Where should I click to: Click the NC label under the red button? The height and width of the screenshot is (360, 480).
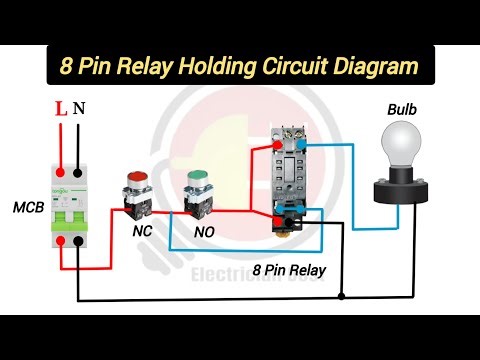(x=142, y=229)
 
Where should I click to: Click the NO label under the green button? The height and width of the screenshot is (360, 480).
(x=203, y=229)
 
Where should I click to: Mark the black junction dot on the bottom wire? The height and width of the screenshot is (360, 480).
(x=342, y=297)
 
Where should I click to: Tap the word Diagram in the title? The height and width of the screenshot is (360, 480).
(x=385, y=69)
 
